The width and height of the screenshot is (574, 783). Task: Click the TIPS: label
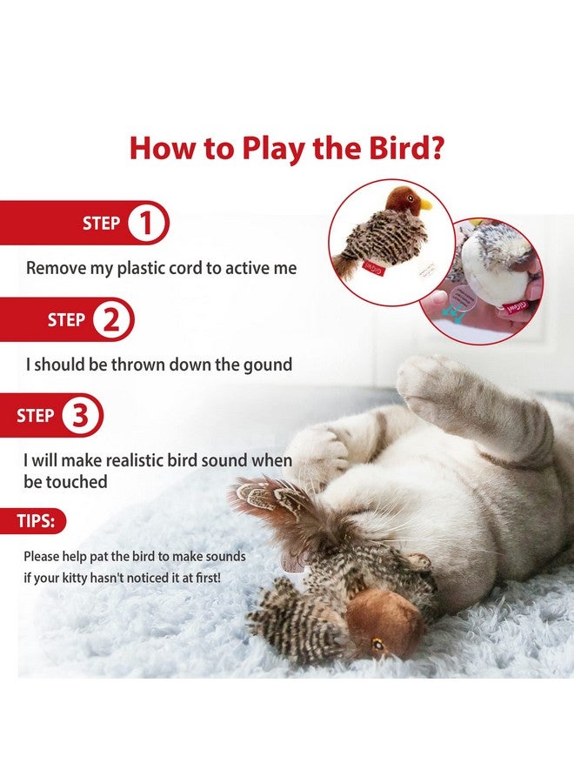[36, 521]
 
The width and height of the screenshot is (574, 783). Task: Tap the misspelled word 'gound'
[268, 365]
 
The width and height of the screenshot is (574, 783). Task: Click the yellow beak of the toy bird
[424, 204]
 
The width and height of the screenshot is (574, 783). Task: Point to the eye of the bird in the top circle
[410, 197]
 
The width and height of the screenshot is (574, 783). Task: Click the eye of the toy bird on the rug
[377, 646]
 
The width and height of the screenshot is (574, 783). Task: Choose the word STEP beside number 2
[65, 319]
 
